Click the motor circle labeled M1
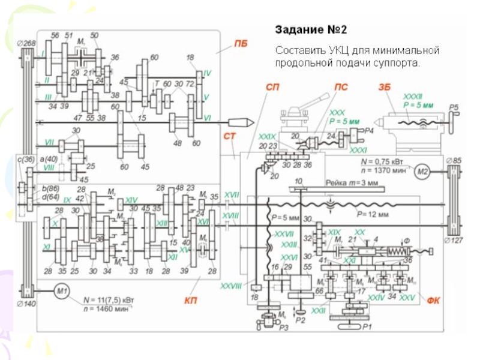coord(62,292)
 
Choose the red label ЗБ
coord(385,86)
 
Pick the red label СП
coord(272,86)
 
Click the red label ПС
coord(341,86)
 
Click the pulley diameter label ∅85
coord(454,160)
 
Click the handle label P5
coord(454,107)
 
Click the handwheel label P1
coord(367,327)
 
